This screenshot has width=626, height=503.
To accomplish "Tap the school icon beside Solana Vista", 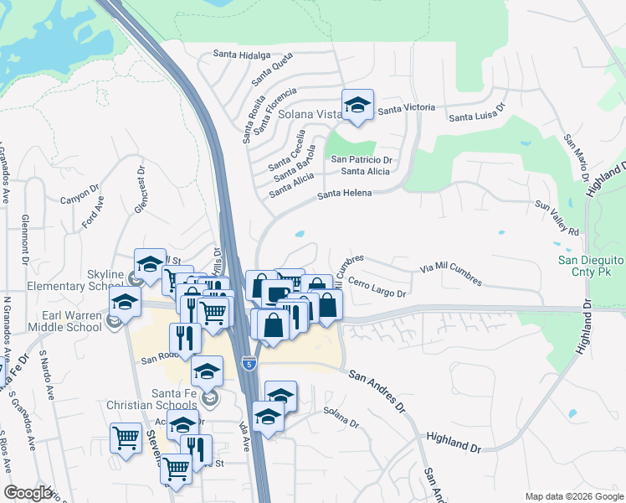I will pyautogui.click(x=357, y=105).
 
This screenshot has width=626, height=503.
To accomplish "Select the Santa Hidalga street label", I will pyautogui.click(x=241, y=55).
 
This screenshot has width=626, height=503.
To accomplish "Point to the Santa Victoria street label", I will pyautogui.click(x=407, y=108).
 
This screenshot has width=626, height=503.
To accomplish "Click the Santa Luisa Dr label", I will pyautogui.click(x=479, y=113).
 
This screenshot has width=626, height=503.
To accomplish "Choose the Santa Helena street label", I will pyautogui.click(x=344, y=194).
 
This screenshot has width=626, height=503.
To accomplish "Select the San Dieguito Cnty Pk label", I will pyautogui.click(x=592, y=266).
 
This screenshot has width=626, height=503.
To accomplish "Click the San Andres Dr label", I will pyautogui.click(x=377, y=392).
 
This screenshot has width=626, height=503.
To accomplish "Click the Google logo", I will pyautogui.click(x=28, y=493).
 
